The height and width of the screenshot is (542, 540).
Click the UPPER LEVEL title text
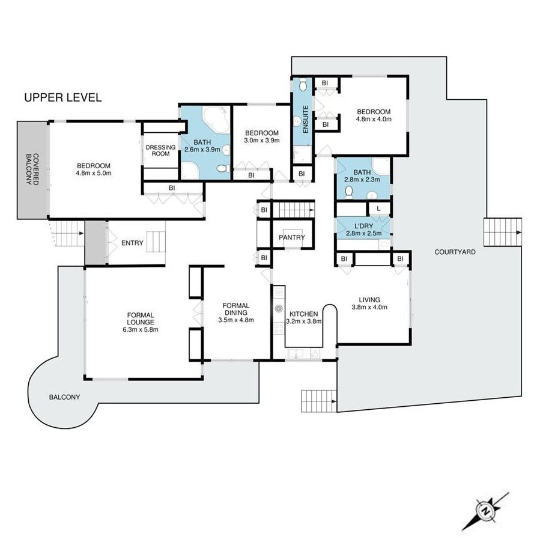point(63,97)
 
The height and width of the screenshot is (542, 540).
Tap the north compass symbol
point(486,511)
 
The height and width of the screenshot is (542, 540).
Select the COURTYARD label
point(455,252)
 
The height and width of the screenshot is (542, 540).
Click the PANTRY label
point(292,237)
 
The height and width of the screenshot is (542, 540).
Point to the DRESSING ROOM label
point(160,150)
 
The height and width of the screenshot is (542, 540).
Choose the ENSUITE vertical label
point(305,120)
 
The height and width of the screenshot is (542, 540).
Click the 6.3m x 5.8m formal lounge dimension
point(141,329)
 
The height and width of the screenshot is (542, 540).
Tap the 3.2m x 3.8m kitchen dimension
point(304,321)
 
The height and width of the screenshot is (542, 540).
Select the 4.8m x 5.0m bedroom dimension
point(94,173)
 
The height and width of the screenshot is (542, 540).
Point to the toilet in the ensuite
point(303,84)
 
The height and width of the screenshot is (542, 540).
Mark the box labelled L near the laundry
point(378,209)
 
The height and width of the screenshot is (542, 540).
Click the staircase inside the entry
point(156,242)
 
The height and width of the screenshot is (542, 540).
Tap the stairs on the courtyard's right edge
point(502,233)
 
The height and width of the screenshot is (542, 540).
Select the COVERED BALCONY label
point(32,169)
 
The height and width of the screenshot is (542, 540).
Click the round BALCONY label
point(65,397)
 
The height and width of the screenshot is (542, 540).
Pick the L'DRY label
point(364,226)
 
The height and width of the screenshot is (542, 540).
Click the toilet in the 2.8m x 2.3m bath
point(349,192)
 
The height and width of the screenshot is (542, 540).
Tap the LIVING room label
point(369,300)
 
